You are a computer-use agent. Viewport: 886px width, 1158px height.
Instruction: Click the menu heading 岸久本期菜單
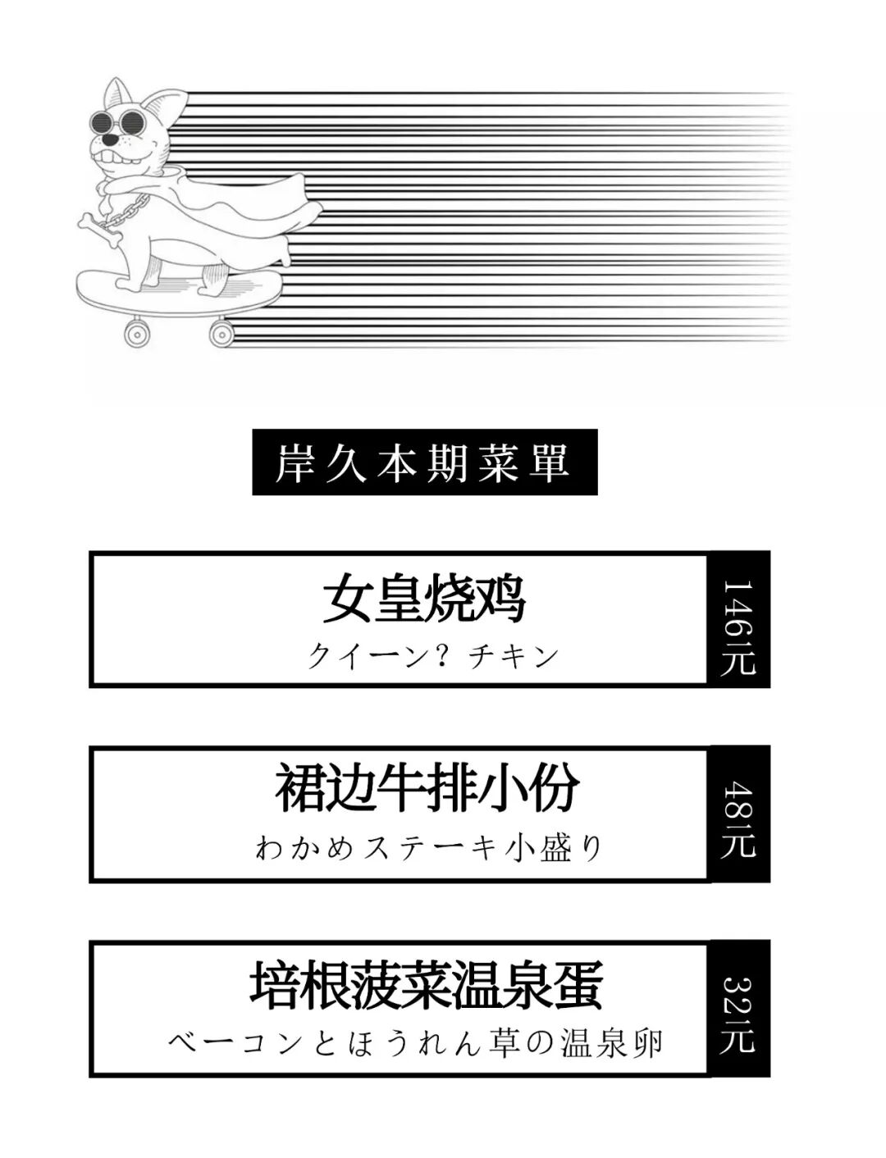pos(424,463)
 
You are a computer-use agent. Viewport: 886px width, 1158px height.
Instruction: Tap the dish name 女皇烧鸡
pos(423,601)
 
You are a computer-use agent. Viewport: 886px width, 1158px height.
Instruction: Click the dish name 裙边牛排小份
pos(427,789)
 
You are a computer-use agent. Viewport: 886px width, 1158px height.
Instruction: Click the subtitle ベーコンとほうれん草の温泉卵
pos(416,1043)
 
